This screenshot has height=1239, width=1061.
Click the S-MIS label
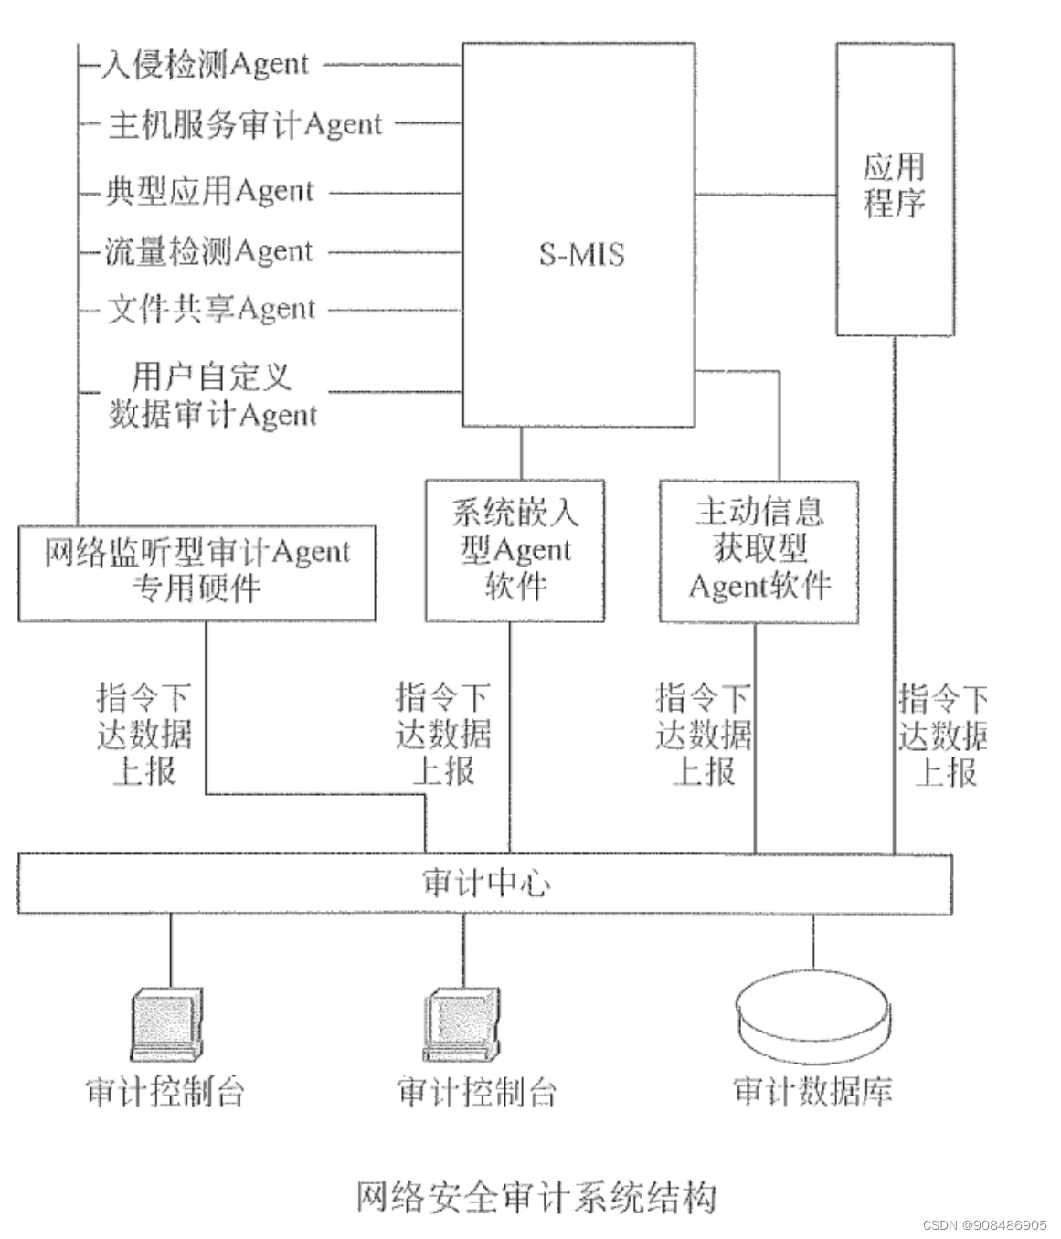pos(581,253)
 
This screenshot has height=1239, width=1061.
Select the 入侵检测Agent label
pos(205,64)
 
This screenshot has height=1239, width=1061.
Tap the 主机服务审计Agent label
pos(244,123)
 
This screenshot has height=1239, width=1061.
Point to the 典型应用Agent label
pos(209,191)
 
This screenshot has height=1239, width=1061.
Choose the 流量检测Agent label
pos(209,250)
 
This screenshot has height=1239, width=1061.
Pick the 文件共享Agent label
pos(211,309)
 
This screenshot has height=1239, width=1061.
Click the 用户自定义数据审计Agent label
pos(212,395)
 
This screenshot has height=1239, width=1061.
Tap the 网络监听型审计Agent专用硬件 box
pos(196,571)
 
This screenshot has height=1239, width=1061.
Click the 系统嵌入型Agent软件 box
pos(515,549)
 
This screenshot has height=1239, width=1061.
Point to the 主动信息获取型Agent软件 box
pos(759,549)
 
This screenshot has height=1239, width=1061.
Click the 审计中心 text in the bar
pos(486,883)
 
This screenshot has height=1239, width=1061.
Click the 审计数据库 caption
pos(812,1091)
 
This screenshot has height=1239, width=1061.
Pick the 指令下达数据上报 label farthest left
pos(144,735)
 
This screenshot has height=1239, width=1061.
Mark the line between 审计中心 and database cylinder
pos(812,940)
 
